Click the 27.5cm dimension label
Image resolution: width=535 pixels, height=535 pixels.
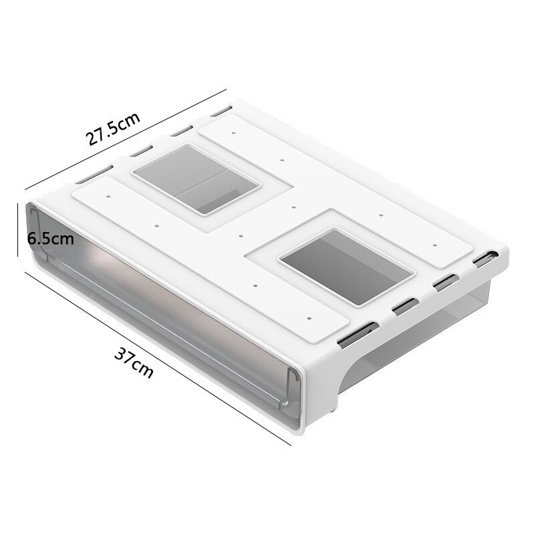coord(113,128)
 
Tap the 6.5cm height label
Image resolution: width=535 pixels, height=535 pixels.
coord(51,239)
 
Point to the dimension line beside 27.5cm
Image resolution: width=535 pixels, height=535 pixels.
coord(126,140)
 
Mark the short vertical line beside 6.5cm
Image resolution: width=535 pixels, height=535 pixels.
coord(18,229)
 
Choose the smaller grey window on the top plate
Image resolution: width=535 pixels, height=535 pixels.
coord(197,179)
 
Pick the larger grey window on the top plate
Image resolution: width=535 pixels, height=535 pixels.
coord(346,267)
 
